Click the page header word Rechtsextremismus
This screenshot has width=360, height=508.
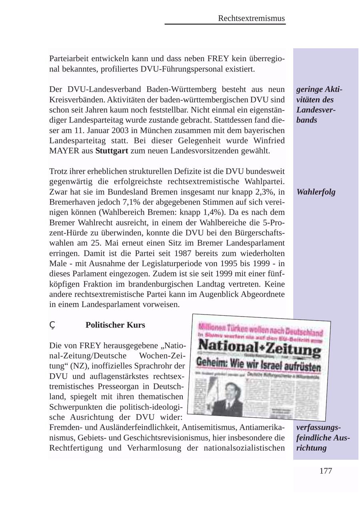(251, 18)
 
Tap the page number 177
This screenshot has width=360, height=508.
(326, 471)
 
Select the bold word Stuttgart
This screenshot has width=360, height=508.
(112, 151)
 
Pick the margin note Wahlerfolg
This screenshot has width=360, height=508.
(316, 192)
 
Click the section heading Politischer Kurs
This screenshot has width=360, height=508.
(115, 325)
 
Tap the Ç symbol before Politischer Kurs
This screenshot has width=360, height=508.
(52, 325)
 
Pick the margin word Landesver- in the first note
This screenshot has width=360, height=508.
(316, 110)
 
